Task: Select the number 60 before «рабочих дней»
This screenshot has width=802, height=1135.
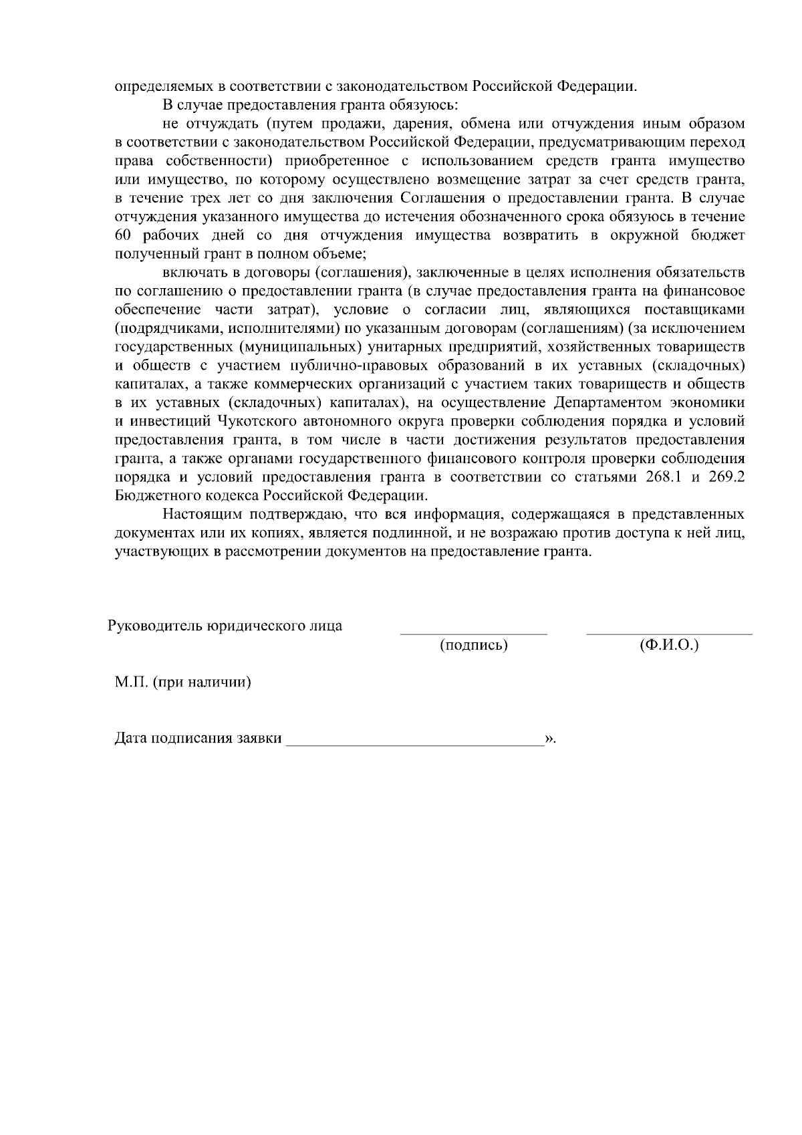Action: click(124, 235)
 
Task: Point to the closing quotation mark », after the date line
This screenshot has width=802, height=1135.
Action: click(549, 739)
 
